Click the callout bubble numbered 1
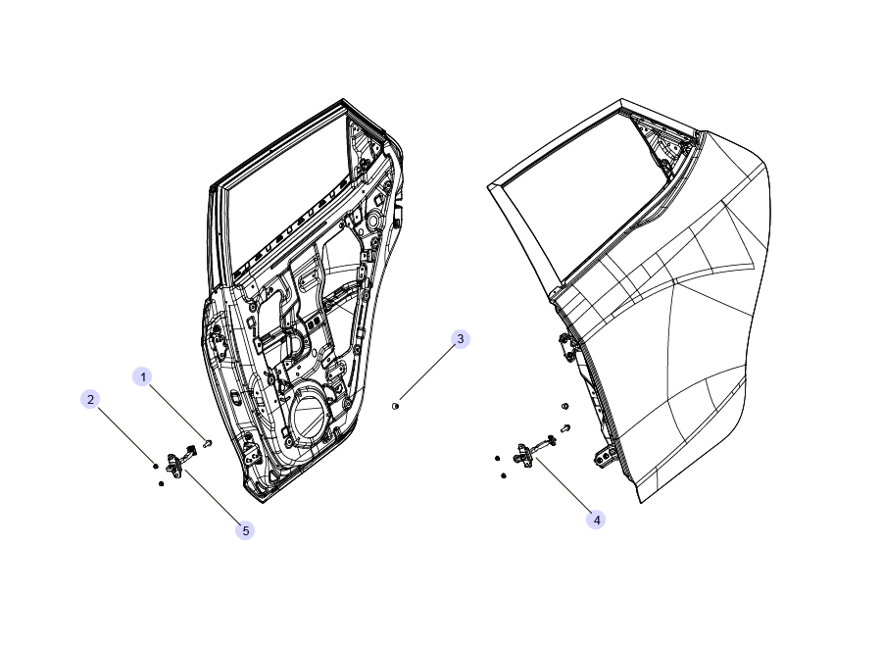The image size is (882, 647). point(143,376)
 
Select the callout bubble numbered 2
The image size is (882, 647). point(90,399)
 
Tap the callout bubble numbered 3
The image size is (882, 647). point(461,338)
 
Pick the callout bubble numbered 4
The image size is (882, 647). point(596,520)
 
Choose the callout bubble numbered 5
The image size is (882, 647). point(245,530)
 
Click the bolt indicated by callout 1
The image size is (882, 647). point(208,443)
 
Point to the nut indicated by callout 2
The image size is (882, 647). point(155,466)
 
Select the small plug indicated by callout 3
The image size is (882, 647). point(395,406)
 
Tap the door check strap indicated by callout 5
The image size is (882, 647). point(179,463)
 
